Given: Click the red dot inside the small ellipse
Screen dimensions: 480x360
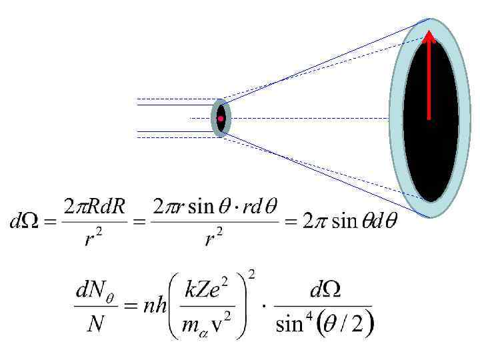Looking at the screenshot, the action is point(220,118).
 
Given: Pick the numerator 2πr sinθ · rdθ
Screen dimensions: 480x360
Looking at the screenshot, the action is point(213,207).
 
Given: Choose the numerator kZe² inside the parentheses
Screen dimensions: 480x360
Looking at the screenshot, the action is point(213,291).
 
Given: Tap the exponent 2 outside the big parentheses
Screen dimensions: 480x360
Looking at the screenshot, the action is point(252,274).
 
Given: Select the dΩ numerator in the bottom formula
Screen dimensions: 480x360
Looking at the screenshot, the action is point(324,292).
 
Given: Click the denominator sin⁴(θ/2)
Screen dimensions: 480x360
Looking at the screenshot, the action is point(325,325).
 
